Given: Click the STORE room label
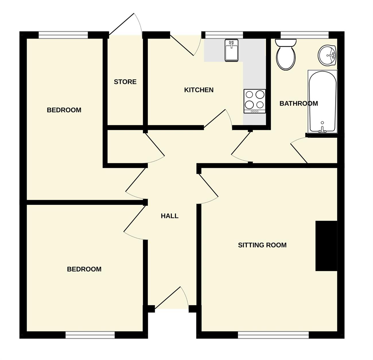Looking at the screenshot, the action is coord(125,82).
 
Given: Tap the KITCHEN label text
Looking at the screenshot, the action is coord(199,90).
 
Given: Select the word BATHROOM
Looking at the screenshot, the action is coord(299,104).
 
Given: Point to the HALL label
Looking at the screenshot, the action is coord(170,216).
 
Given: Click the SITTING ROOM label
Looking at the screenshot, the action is coord(262,245).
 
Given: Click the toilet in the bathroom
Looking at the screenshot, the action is coord(285,55).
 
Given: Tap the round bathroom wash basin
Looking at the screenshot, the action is coord(327,55).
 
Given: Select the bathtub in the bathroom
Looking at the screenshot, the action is coord(323,101).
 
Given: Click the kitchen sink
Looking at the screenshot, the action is coord(232,50).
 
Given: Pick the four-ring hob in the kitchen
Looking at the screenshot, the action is coord(255,101).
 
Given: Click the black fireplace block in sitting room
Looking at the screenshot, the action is coord(326,246).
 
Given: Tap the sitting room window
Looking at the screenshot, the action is coord(273,335).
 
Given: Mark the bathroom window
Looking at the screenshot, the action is coord(305,35).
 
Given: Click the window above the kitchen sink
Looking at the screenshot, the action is coord(224,35).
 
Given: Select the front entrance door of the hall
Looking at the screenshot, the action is coord(172,298).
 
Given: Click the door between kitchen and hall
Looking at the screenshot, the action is coord(218,119).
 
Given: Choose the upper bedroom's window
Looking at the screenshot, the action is coord(63,35).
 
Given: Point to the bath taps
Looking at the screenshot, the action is coord(323,129).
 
